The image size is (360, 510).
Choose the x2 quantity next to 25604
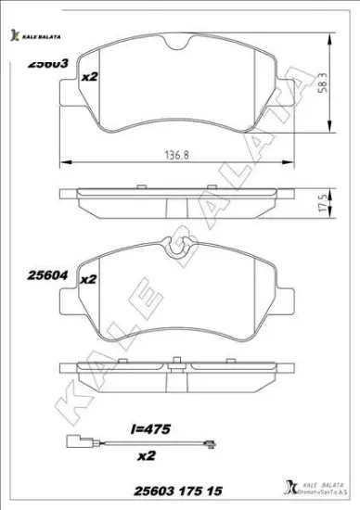(x=89, y=278)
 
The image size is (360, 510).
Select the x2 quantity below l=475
(x=146, y=457)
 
